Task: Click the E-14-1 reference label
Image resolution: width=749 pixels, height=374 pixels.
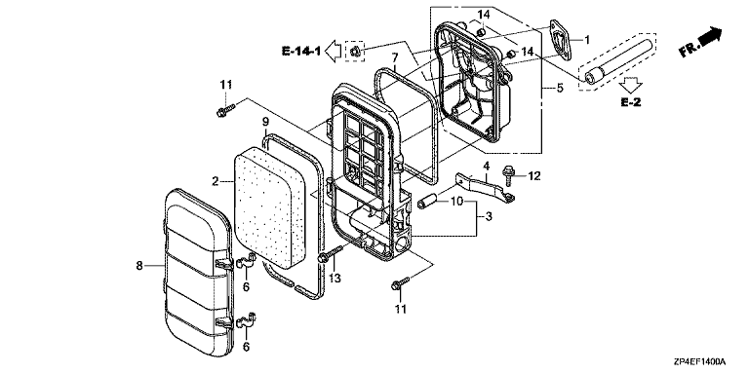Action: click(x=301, y=51)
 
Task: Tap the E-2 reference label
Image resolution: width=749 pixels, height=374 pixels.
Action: click(x=631, y=102)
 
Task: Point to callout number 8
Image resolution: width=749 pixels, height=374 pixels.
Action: click(x=139, y=265)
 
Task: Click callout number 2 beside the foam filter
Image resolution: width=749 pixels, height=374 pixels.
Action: click(x=216, y=181)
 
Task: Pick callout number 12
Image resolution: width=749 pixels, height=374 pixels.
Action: click(x=534, y=176)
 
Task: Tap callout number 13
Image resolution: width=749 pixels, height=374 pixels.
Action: click(x=335, y=279)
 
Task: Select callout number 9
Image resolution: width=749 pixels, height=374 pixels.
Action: click(x=265, y=122)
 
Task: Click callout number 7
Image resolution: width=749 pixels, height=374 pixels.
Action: click(x=395, y=58)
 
